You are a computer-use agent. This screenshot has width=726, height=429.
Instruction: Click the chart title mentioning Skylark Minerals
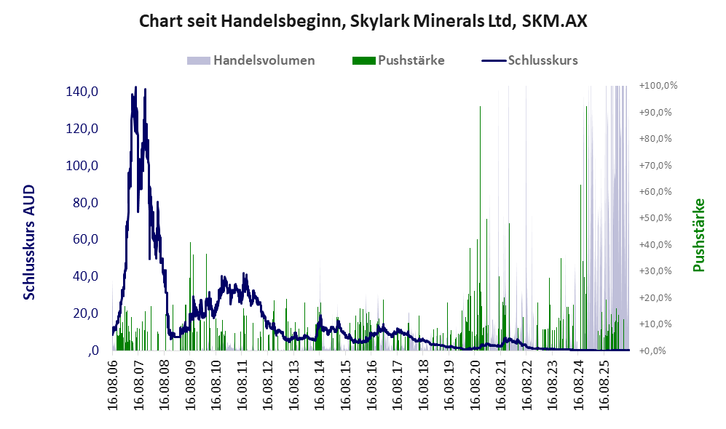click(x=363, y=21)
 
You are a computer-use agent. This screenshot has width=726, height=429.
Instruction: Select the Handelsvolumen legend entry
click(x=251, y=60)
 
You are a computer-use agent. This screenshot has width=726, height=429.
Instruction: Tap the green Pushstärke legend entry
click(x=398, y=60)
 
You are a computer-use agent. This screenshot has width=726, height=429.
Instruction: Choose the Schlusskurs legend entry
click(x=529, y=60)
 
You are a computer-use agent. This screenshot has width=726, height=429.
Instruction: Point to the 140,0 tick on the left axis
click(x=82, y=92)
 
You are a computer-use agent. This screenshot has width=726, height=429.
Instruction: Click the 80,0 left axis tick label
click(x=86, y=202)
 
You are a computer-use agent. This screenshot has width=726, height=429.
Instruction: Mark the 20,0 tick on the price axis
click(x=86, y=313)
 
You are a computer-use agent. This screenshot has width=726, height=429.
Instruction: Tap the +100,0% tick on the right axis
click(x=658, y=86)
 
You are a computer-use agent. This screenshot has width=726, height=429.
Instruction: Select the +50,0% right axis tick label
click(x=655, y=217)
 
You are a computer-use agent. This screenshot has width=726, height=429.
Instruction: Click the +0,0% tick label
click(x=653, y=350)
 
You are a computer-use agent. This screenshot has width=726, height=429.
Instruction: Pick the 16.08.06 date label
click(x=113, y=382)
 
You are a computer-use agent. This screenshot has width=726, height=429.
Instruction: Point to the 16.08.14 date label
click(x=320, y=382)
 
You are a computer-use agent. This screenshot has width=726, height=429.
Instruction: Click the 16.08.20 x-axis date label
click(x=475, y=382)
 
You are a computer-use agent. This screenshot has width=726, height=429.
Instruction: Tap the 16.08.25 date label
click(x=604, y=382)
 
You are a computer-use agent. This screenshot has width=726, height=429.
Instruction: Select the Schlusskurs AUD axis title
click(x=29, y=242)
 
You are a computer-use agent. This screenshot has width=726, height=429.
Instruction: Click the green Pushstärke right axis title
click(x=698, y=236)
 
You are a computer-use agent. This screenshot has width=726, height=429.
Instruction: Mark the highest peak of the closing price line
click(x=135, y=87)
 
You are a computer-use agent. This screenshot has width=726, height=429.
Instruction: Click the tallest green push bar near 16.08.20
click(x=480, y=228)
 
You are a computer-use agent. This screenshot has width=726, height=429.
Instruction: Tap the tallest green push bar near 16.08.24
click(x=586, y=228)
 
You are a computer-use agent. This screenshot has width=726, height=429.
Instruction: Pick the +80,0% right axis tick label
click(x=655, y=139)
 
